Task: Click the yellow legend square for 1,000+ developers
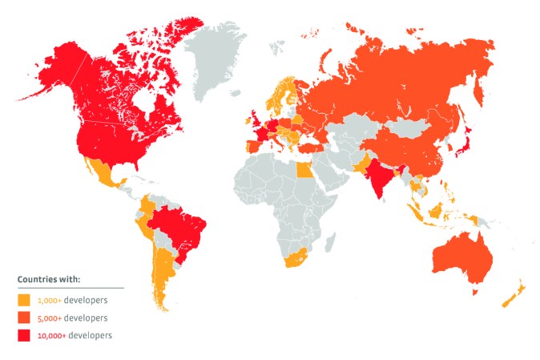24,300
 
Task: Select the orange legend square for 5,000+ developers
24,318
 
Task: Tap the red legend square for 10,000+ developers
24,335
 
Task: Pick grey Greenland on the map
220,56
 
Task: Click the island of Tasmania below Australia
475,293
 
